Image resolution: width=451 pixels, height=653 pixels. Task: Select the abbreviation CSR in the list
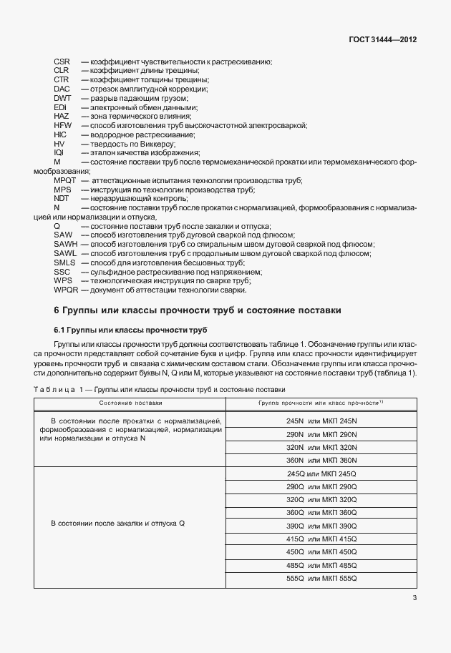coord(62,61)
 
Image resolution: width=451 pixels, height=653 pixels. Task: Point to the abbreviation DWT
coord(62,98)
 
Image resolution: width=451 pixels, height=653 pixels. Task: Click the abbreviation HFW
coord(63,125)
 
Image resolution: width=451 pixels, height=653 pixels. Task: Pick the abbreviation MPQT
coord(65,181)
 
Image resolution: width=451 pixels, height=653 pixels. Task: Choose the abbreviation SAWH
coord(65,245)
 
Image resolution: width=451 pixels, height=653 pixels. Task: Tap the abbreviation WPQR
coord(66,290)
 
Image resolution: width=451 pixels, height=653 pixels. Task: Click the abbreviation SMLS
coord(64,262)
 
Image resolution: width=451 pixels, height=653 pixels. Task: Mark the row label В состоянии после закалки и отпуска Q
coord(119,524)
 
